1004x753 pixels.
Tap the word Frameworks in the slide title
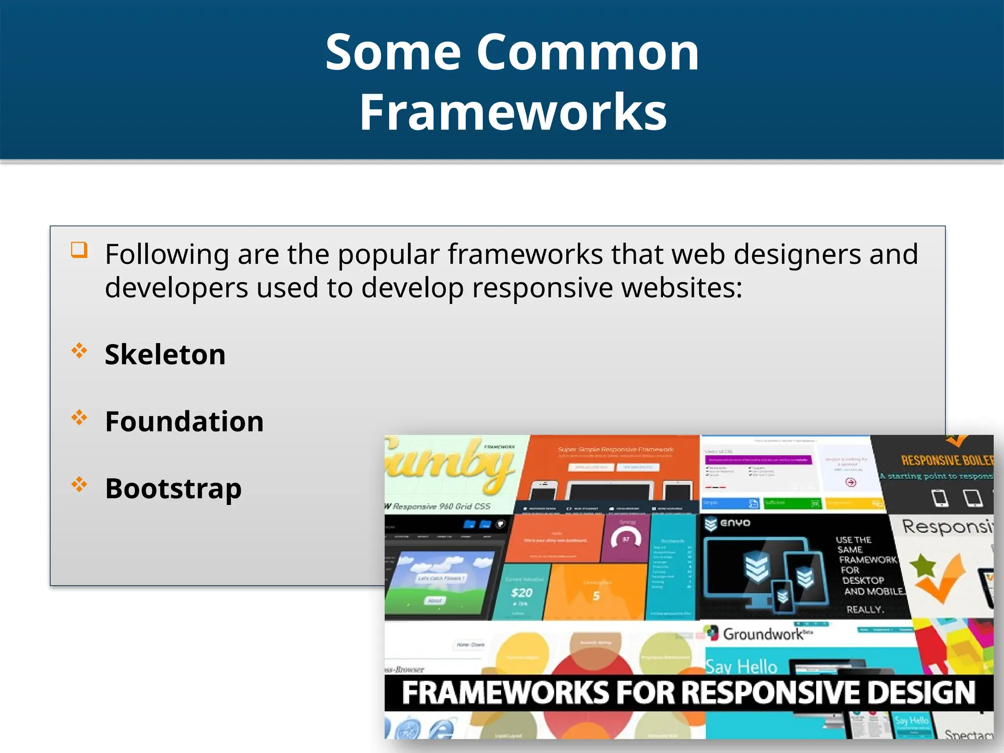[513, 112]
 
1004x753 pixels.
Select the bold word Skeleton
[165, 354]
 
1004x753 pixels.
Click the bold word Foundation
[184, 422]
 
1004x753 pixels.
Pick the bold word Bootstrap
[173, 489]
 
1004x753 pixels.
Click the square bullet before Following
[79, 250]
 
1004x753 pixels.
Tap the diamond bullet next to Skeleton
[79, 351]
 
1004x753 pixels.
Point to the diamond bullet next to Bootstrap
[79, 485]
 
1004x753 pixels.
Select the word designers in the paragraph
[797, 254]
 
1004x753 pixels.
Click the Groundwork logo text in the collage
[763, 634]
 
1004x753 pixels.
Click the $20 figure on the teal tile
[521, 593]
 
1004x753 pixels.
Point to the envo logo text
[735, 523]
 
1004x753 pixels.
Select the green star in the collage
[922, 565]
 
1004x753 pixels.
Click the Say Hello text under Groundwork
[741, 667]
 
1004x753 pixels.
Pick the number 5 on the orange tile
[596, 596]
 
